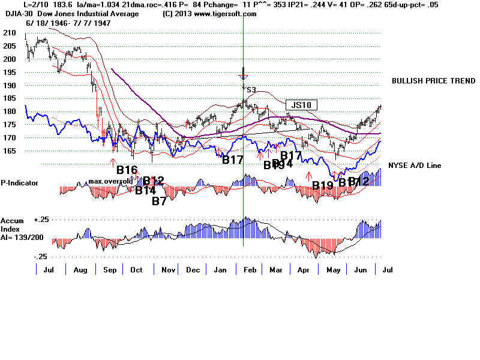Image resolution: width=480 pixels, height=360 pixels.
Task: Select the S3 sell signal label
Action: point(251,90)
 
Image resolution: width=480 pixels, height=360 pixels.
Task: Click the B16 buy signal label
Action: point(127,170)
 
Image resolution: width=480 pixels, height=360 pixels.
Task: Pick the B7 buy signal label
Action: point(159,201)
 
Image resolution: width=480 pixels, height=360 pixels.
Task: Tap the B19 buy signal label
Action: point(323,186)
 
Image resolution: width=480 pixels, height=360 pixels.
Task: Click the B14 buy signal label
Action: point(145,191)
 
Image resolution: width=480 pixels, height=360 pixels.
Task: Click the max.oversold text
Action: point(110,181)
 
